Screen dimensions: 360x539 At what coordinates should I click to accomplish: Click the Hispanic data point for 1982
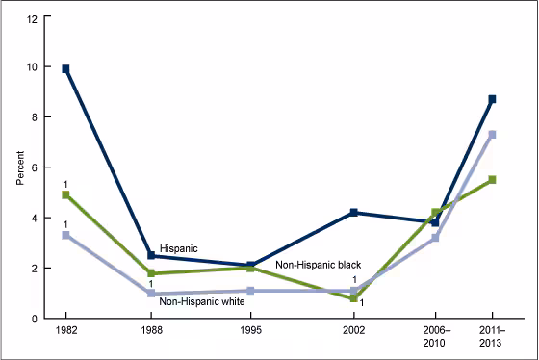[x=66, y=69]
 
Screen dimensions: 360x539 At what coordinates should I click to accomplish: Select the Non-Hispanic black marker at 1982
[x=66, y=194]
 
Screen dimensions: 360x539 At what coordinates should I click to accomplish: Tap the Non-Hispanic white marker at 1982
[x=66, y=235]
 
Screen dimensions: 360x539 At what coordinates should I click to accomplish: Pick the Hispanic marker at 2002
[x=354, y=212]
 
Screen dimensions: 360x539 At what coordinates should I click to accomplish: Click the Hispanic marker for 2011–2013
[x=492, y=99]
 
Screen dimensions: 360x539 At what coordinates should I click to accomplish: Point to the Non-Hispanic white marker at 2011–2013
[x=492, y=134]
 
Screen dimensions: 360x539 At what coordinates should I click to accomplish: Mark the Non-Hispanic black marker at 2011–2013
[x=492, y=180]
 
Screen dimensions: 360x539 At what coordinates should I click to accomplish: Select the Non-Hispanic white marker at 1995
[x=250, y=290]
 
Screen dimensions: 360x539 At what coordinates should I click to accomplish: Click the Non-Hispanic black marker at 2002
[x=354, y=298]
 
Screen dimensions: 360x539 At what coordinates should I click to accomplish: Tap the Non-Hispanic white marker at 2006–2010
[x=435, y=237]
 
